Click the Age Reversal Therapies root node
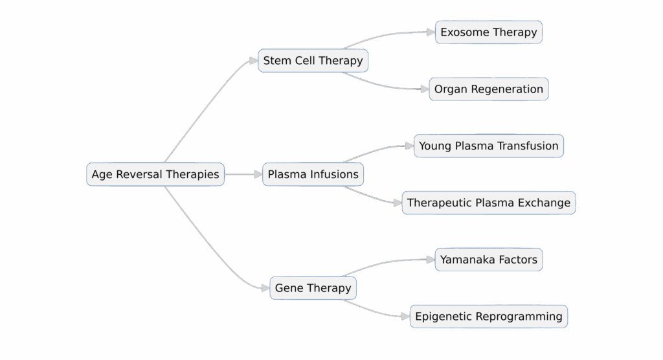click(x=155, y=174)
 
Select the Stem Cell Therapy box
click(x=313, y=61)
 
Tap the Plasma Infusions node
click(x=313, y=174)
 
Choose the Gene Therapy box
click(x=313, y=288)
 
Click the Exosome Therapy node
click(x=488, y=32)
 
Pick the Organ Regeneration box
click(x=488, y=89)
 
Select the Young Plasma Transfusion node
click(x=488, y=146)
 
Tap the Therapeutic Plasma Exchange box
click(x=488, y=203)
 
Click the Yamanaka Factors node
click(x=488, y=260)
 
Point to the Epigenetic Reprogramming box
click(x=488, y=317)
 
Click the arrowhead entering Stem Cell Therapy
click(x=254, y=61)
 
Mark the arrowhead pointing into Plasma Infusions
click(x=258, y=174)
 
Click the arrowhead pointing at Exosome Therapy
click(x=431, y=32)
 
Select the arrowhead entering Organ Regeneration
click(x=425, y=89)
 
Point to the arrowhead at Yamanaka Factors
click(x=431, y=260)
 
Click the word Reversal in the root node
click(x=139, y=174)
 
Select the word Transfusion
click(x=528, y=146)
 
